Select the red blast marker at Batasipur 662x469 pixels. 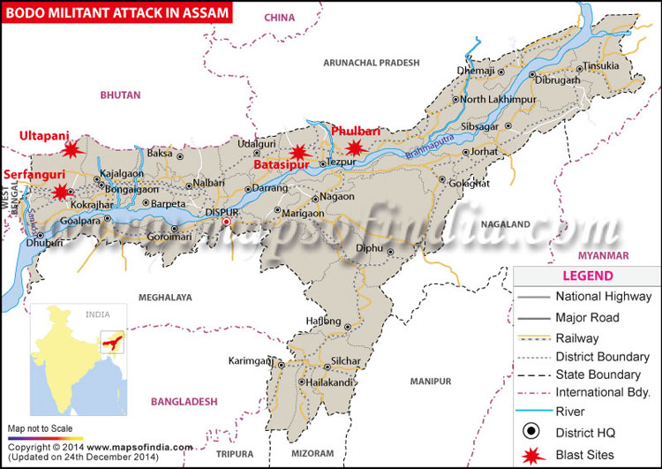299,151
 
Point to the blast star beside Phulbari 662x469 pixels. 355,148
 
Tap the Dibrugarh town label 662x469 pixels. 557,79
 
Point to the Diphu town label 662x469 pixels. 369,249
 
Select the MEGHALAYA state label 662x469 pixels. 158,298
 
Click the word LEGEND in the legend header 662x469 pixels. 587,276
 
